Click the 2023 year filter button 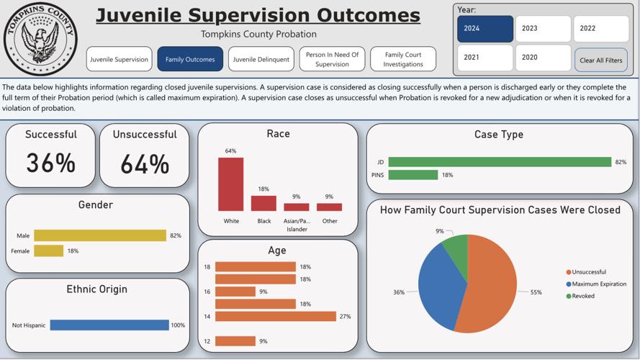[543, 29]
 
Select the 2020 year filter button [543, 58]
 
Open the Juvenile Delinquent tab [261, 60]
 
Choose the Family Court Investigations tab [402, 60]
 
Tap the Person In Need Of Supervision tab [331, 60]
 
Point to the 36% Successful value [50, 163]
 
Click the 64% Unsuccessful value [144, 164]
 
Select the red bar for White [230, 184]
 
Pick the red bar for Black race [263, 203]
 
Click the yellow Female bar [48, 251]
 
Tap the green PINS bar [413, 175]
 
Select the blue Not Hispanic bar [109, 325]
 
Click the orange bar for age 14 [275, 316]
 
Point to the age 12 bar [235, 341]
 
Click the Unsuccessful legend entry [588, 272]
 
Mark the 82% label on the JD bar [621, 163]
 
